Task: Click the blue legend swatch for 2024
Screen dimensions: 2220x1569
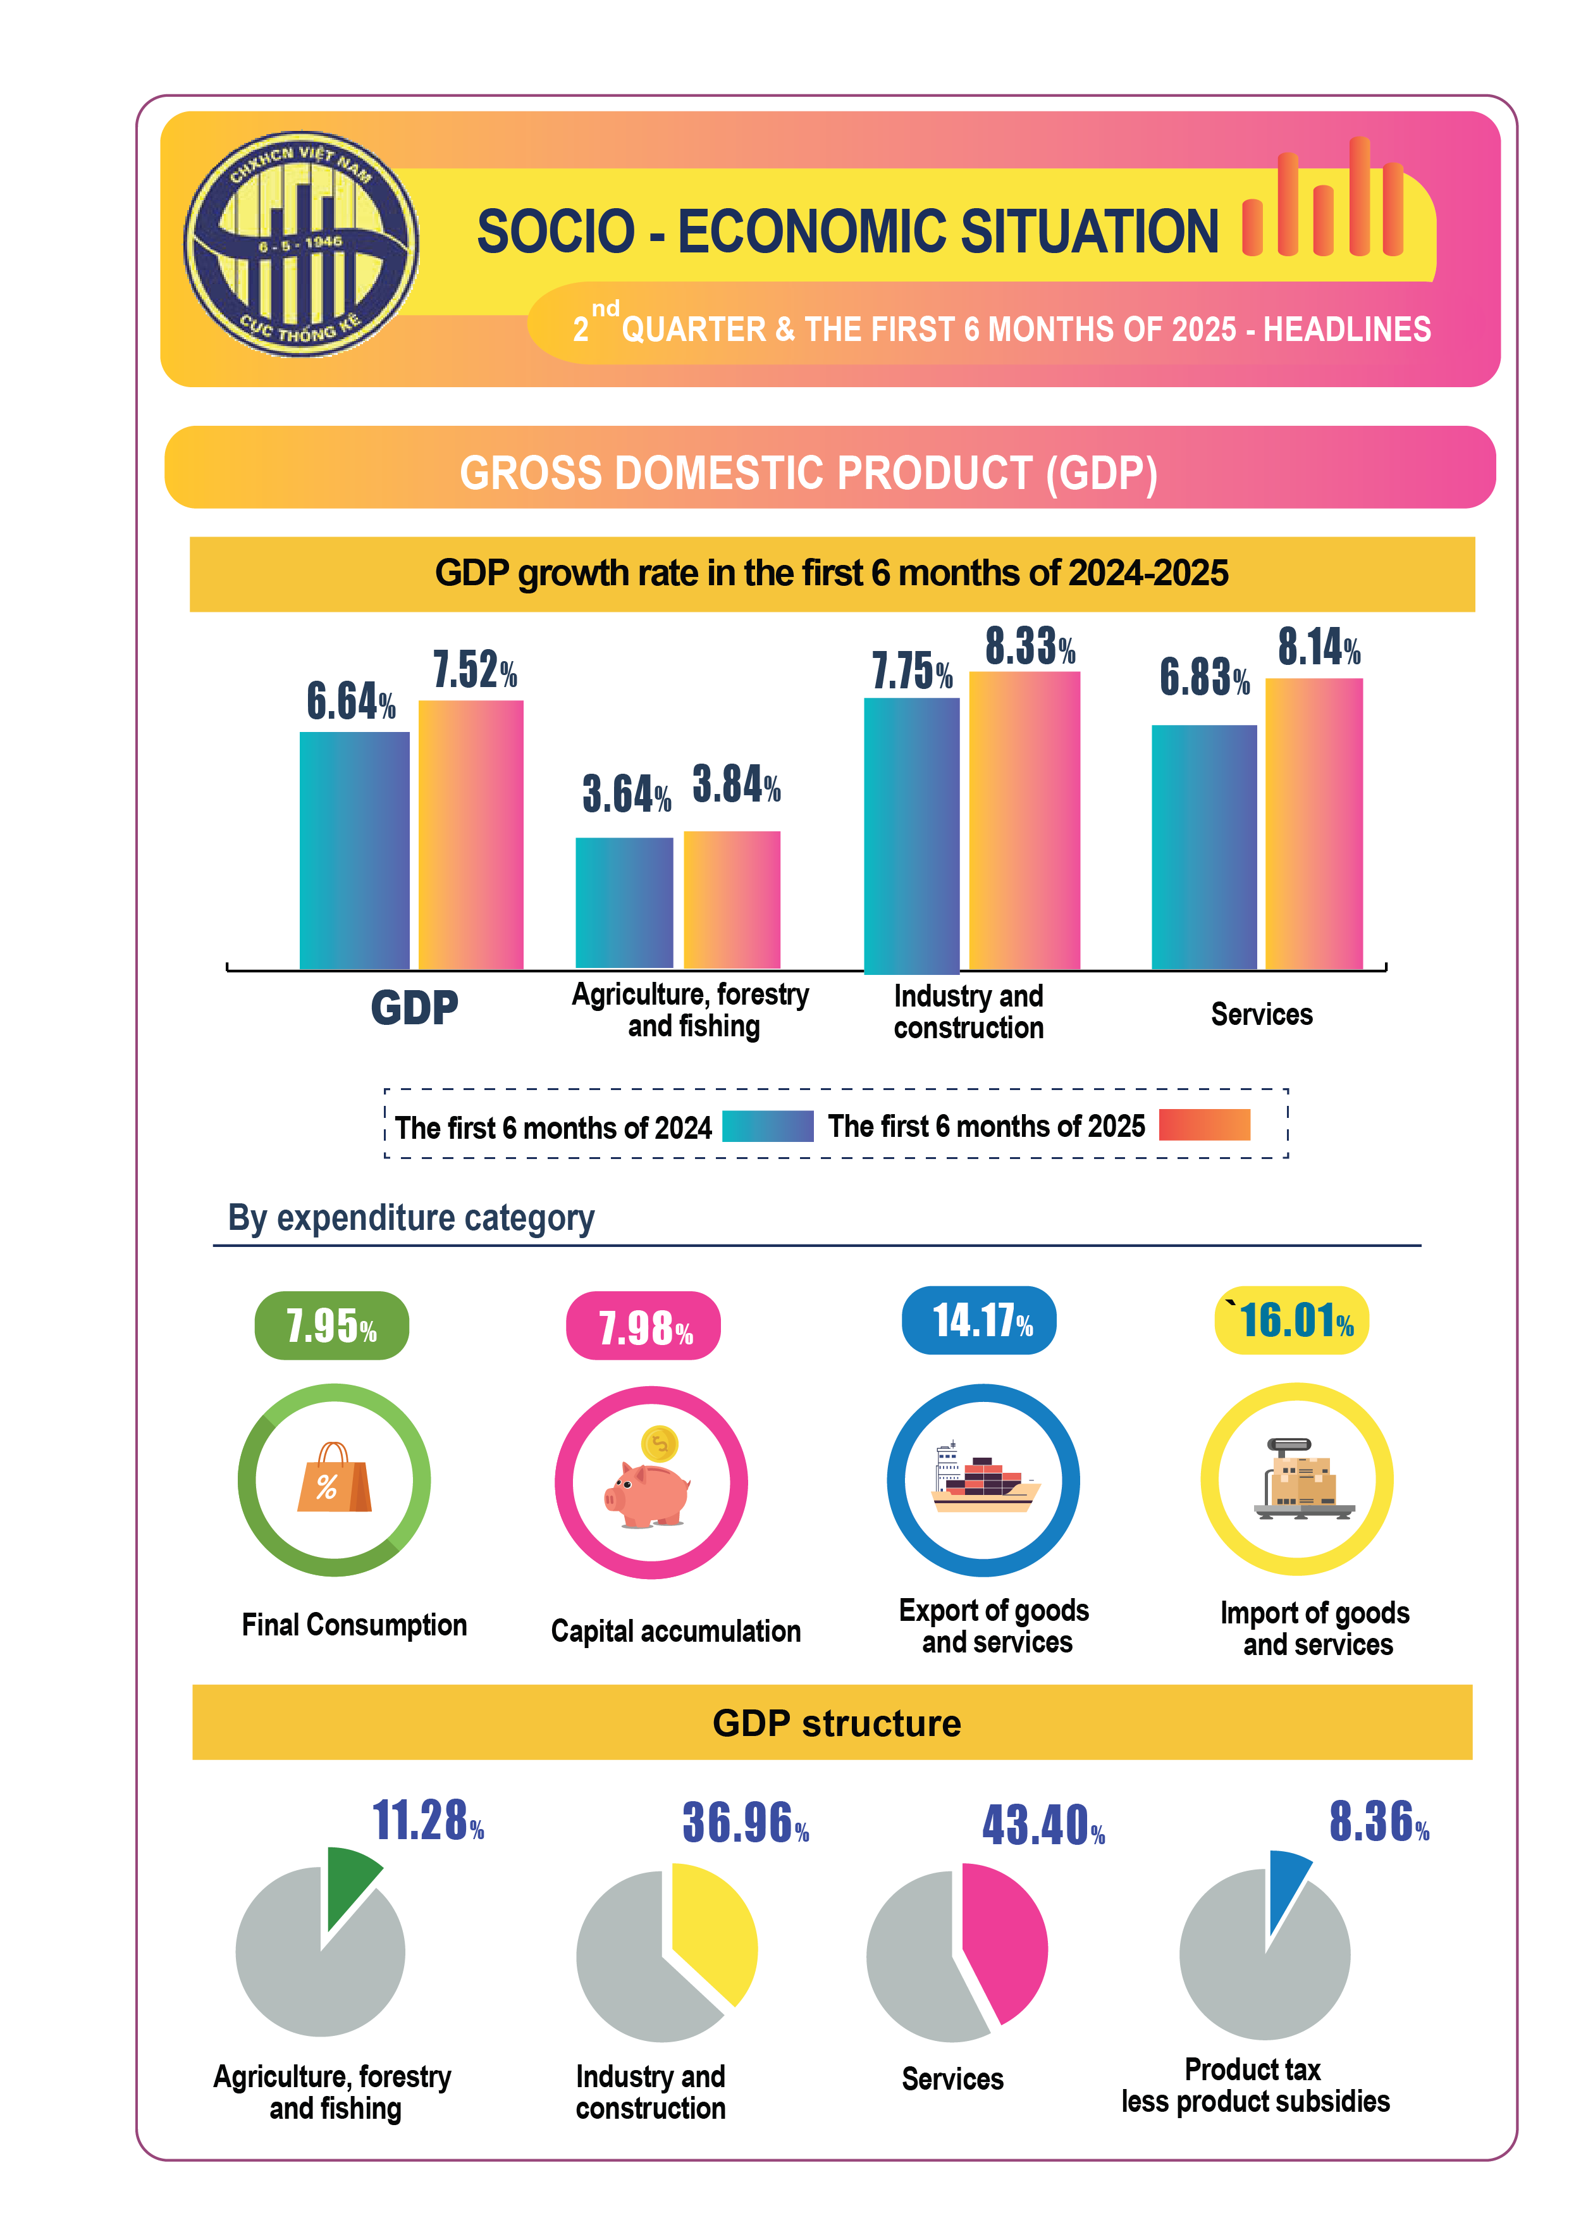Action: point(768,1126)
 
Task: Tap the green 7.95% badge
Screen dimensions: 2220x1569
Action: point(331,1325)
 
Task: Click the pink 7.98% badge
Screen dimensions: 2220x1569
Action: point(644,1325)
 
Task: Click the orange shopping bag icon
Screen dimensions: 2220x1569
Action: point(333,1479)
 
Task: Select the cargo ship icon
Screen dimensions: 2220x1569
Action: point(984,1480)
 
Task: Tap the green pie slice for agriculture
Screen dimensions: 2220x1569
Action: point(348,1881)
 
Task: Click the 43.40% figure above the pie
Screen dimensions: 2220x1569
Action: point(1043,1825)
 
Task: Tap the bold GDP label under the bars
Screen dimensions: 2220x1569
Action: point(415,1007)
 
